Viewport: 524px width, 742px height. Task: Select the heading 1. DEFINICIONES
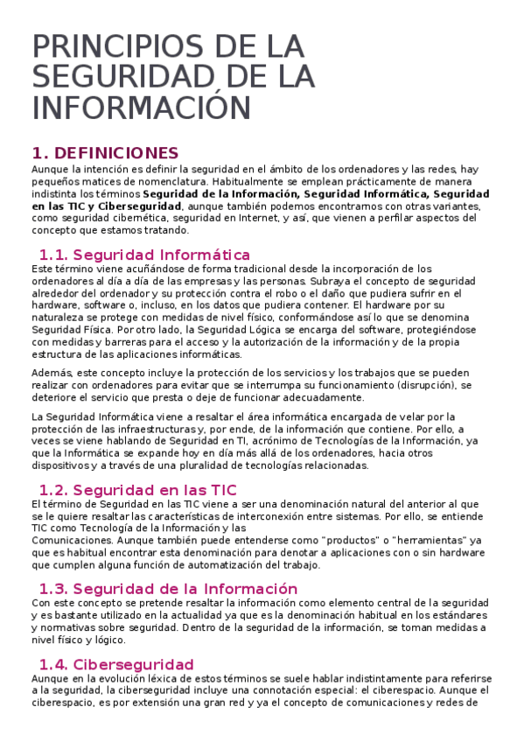click(x=105, y=153)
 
